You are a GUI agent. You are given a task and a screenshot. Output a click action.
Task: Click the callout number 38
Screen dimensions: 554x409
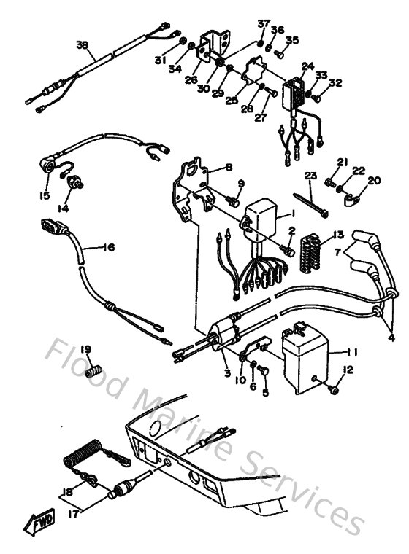[81, 44]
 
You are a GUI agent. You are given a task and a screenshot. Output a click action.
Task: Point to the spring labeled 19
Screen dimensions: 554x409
[91, 370]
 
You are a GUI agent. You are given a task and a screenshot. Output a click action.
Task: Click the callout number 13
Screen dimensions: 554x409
[337, 235]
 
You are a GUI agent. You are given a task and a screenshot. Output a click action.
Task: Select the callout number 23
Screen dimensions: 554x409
[310, 176]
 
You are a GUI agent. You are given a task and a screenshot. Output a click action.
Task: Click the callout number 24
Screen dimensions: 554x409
[307, 65]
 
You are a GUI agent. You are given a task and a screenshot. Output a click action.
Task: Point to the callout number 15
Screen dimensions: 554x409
[45, 195]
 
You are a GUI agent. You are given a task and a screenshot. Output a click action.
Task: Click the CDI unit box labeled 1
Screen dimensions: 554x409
[259, 216]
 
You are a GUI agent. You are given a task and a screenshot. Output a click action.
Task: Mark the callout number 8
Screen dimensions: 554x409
[229, 167]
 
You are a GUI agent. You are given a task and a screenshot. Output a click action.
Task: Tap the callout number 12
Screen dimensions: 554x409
[348, 370]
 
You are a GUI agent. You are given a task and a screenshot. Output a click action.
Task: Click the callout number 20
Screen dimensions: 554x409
[374, 180]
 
